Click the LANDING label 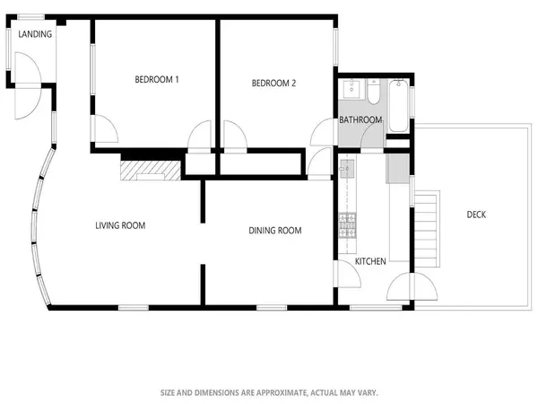tap(34, 34)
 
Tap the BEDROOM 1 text tap(157, 80)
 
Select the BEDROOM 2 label tap(273, 83)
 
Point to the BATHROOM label tap(360, 120)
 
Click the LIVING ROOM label tap(120, 225)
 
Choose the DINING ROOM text tap(274, 231)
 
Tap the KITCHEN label tap(370, 261)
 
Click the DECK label tap(477, 215)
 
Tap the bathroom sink tap(351, 90)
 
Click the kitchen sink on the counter tap(346, 169)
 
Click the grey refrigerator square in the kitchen tap(395, 168)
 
